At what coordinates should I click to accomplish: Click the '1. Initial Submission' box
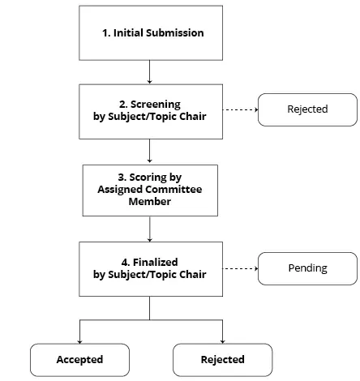(150, 33)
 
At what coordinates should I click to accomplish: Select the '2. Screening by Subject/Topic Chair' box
(150, 109)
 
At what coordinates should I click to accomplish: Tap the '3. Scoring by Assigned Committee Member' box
(150, 190)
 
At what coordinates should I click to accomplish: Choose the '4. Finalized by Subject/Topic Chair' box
(150, 268)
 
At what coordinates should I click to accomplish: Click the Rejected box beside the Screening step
(307, 109)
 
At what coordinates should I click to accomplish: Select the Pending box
(307, 268)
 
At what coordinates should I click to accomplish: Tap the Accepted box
(79, 359)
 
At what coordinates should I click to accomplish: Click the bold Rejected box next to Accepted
(223, 359)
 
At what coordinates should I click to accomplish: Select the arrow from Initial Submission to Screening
(150, 72)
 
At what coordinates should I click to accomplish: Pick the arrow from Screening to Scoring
(150, 150)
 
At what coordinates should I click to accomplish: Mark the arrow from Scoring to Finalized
(150, 229)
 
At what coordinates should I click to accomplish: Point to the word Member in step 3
(150, 201)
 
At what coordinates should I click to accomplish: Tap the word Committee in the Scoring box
(174, 190)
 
